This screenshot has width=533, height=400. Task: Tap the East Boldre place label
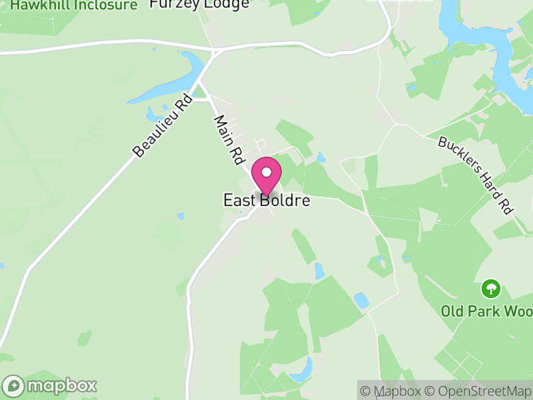pos(266,201)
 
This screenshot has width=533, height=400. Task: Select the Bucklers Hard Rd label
pos(476,175)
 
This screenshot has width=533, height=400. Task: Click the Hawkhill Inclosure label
pos(73,5)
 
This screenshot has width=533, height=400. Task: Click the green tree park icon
pos(491,289)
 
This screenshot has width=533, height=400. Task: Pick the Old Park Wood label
pos(486,311)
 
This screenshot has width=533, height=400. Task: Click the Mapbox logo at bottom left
pos(50,385)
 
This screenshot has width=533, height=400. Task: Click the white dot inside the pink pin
pos(266,172)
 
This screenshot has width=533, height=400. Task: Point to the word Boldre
pos(285,201)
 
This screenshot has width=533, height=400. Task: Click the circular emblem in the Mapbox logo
pos(14,385)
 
